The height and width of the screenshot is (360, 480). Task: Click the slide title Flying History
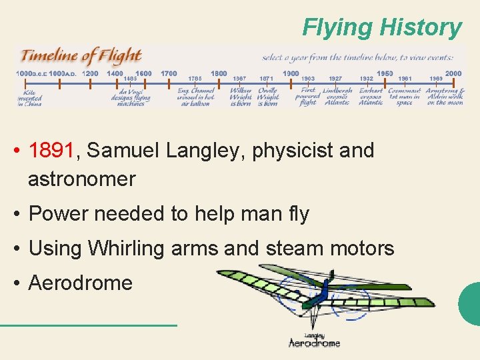(x=381, y=27)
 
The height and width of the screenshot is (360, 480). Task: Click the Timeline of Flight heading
(x=81, y=56)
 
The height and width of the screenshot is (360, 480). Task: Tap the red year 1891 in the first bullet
(x=53, y=151)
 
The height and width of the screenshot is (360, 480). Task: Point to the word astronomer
(x=81, y=179)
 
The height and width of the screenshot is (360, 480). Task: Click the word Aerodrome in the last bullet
(x=81, y=283)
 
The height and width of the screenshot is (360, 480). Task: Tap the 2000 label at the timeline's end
(x=453, y=73)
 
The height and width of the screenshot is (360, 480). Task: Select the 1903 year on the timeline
(x=307, y=79)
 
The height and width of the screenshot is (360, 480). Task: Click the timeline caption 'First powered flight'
(x=307, y=96)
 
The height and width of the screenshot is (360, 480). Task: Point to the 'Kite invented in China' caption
(x=29, y=97)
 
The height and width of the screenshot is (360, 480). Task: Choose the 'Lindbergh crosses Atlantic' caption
(x=337, y=96)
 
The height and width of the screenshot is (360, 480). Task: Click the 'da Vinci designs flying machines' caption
(x=131, y=97)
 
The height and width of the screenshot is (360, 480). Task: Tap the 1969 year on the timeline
(x=436, y=79)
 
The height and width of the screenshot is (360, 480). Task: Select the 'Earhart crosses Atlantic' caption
(x=371, y=96)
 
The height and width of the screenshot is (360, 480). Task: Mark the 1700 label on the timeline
(x=169, y=73)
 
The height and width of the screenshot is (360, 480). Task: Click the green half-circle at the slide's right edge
(x=470, y=304)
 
